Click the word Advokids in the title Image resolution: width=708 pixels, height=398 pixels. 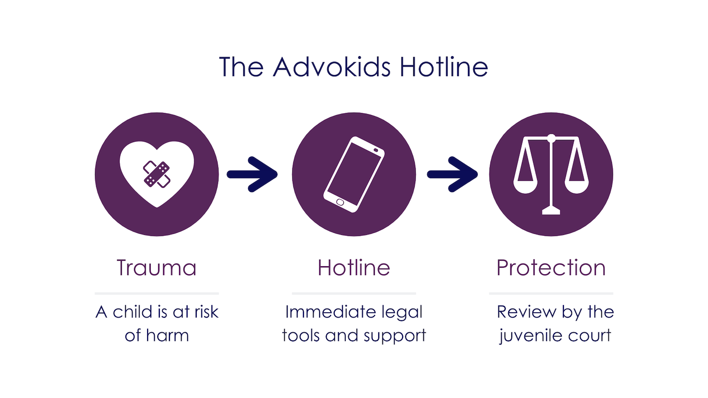pyautogui.click(x=332, y=67)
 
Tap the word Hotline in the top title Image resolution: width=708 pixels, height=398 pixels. pyautogui.click(x=444, y=67)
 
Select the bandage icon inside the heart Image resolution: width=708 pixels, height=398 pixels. pyautogui.click(x=157, y=174)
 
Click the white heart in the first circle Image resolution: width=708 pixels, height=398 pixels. pyautogui.click(x=157, y=174)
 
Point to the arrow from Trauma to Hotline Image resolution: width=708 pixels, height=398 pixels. pyautogui.click(x=252, y=174)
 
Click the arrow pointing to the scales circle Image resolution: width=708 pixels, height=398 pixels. pyautogui.click(x=452, y=174)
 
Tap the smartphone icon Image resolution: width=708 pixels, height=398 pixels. pyautogui.click(x=354, y=174)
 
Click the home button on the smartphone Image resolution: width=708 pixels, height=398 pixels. pyautogui.click(x=340, y=203)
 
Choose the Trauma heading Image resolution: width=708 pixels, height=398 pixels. pyautogui.click(x=156, y=268)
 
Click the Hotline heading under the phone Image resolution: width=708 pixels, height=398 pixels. pyautogui.click(x=353, y=268)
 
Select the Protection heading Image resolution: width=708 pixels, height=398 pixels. pyautogui.click(x=551, y=268)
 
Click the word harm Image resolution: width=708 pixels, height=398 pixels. pyautogui.click(x=167, y=335)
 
